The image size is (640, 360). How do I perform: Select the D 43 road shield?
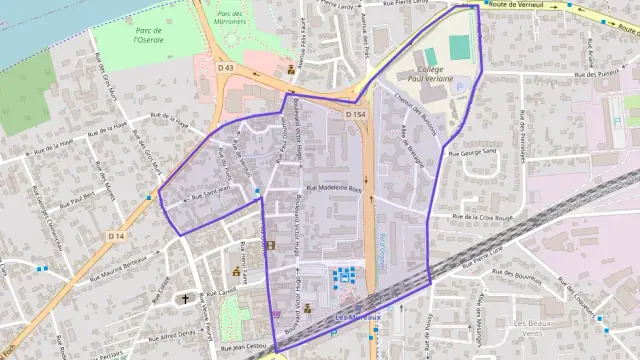(x=226, y=68)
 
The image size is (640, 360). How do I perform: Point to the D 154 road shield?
(x=355, y=115)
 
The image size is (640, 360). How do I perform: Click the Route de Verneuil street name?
(x=517, y=5)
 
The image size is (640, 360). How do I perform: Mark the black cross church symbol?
(x=185, y=298)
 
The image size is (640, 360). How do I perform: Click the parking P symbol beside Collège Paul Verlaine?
(x=461, y=88)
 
